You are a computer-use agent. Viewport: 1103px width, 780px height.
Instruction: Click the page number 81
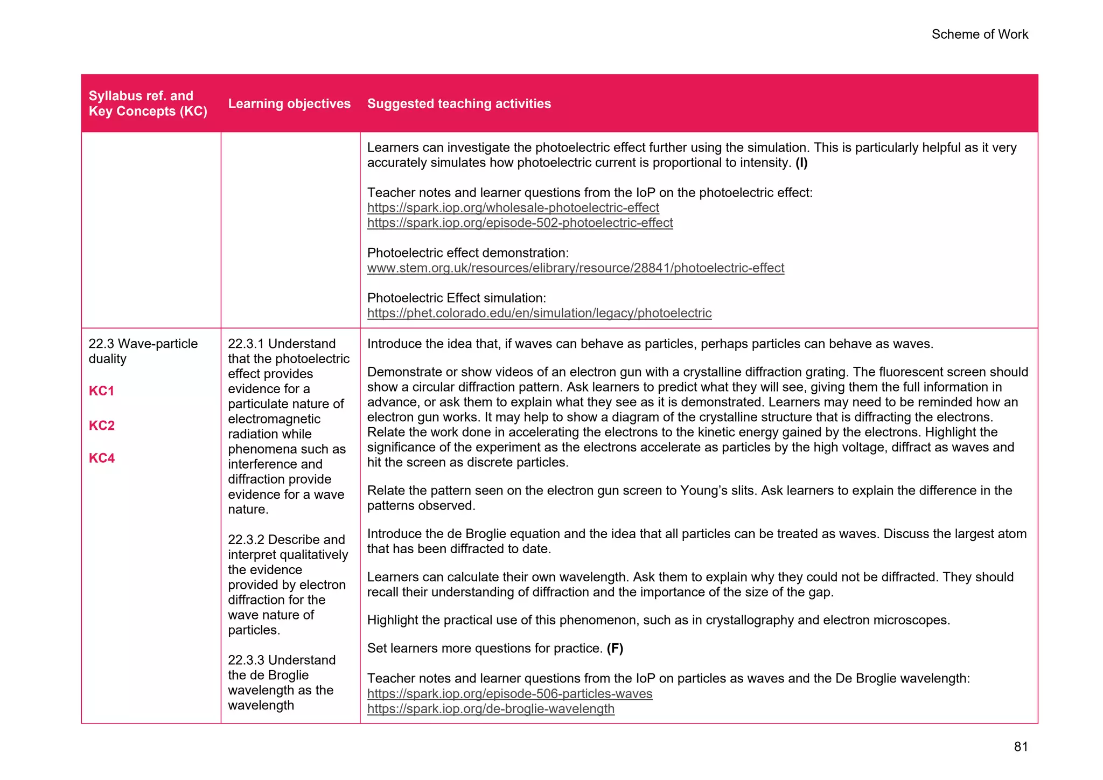click(x=1021, y=746)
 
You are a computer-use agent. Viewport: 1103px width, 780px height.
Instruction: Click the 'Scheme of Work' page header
click(x=979, y=34)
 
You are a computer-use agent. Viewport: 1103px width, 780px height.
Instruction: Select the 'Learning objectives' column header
click(x=289, y=103)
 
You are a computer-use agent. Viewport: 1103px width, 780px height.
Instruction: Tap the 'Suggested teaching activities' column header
click(x=459, y=103)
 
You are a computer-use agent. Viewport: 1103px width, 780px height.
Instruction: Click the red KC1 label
click(x=101, y=391)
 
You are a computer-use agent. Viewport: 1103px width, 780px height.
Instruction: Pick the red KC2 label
click(x=101, y=426)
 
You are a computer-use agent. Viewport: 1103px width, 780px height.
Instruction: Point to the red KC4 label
click(x=101, y=458)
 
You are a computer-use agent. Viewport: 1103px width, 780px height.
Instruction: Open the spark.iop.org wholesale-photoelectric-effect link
click(x=513, y=208)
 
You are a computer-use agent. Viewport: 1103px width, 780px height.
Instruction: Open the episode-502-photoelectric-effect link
click(x=520, y=223)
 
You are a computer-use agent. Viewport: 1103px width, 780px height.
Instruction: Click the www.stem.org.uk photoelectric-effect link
click(x=575, y=268)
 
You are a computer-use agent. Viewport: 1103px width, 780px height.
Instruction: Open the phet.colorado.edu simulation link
click(x=539, y=314)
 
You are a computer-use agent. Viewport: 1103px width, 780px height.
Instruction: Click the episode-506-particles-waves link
click(x=509, y=694)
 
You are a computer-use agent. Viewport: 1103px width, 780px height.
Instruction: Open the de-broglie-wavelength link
click(x=491, y=709)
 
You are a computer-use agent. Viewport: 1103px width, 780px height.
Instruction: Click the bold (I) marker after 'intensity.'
click(x=801, y=163)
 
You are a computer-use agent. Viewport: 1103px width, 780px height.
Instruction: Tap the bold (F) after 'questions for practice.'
click(x=615, y=649)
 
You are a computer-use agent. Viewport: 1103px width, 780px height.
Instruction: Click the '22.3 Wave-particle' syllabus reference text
click(x=143, y=344)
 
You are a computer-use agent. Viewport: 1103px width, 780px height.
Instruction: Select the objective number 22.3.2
click(x=246, y=540)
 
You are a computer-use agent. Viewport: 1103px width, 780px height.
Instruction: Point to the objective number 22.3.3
click(x=246, y=660)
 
